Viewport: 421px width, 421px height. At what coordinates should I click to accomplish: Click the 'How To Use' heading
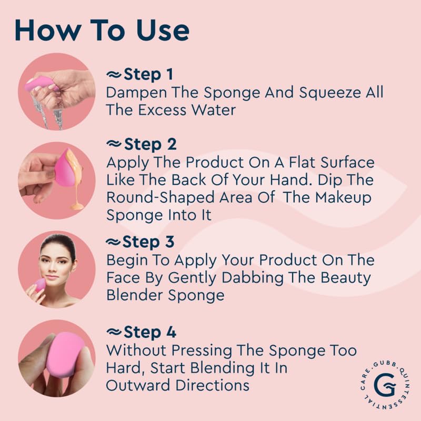(x=102, y=30)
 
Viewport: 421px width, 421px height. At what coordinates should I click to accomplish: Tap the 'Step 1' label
(x=148, y=74)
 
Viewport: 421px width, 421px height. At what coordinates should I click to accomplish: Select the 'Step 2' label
(x=151, y=144)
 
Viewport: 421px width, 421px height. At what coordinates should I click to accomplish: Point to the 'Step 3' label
(x=148, y=242)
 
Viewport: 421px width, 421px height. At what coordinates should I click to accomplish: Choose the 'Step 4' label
(x=150, y=332)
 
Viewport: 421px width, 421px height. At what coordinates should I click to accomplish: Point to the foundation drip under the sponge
(x=76, y=183)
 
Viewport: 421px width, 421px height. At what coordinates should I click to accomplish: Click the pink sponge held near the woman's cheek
(x=41, y=285)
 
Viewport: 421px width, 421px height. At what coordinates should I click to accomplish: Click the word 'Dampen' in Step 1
(x=136, y=93)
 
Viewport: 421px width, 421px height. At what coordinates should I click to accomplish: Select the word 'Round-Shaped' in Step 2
(x=161, y=198)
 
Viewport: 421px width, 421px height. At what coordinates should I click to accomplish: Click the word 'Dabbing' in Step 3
(x=253, y=278)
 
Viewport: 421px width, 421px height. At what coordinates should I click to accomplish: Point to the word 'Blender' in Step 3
(x=135, y=295)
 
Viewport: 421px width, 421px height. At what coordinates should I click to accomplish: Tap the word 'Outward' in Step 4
(x=138, y=385)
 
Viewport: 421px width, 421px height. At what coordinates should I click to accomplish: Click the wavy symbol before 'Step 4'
(x=114, y=332)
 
